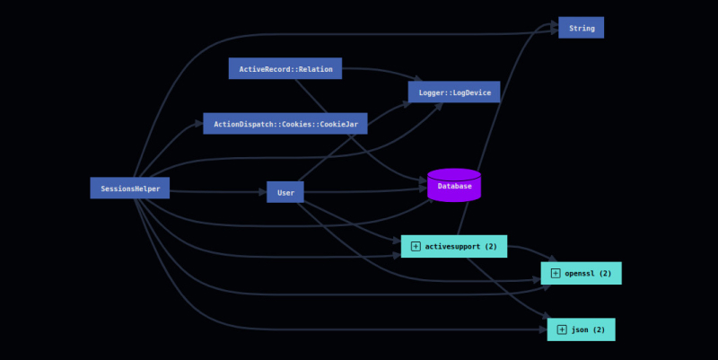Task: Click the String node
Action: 581,28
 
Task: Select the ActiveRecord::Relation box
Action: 285,69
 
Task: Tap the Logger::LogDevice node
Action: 453,92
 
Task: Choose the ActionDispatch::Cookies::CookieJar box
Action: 285,124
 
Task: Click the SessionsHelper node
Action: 129,189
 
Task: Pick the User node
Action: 285,192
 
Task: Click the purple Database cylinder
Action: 454,186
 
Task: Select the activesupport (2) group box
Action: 453,246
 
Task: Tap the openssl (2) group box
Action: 581,273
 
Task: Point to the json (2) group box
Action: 581,329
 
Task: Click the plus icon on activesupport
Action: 416,246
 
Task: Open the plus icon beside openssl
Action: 556,273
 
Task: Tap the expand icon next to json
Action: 562,329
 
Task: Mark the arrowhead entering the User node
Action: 261,192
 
